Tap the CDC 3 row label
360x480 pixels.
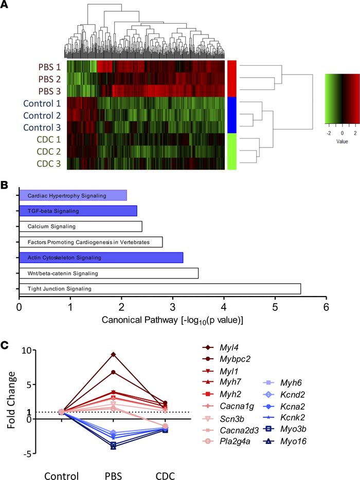pos(46,164)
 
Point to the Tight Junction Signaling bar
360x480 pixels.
pos(160,289)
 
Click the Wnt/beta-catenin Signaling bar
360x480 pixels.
pos(109,273)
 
